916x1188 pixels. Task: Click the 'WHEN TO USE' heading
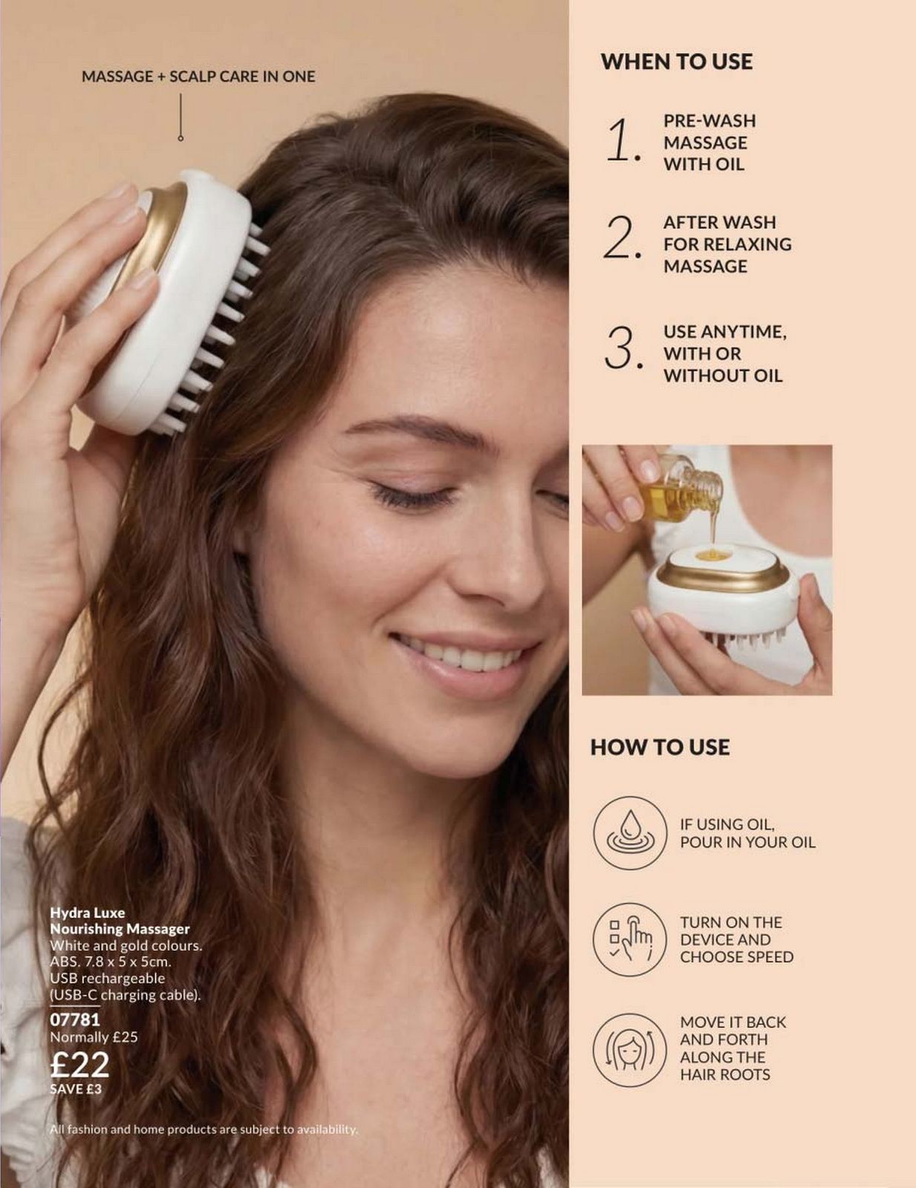pyautogui.click(x=677, y=61)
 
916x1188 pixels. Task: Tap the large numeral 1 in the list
pyautogui.click(x=623, y=142)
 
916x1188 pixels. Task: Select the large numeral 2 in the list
pyautogui.click(x=623, y=238)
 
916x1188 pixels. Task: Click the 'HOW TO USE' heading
pyautogui.click(x=660, y=748)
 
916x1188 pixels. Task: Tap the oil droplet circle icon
pyautogui.click(x=630, y=832)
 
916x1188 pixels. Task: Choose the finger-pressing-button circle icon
pyautogui.click(x=630, y=940)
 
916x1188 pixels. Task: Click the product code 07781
pyautogui.click(x=75, y=1019)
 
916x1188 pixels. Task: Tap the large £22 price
pyautogui.click(x=79, y=1064)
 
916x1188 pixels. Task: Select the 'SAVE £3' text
pyautogui.click(x=76, y=1089)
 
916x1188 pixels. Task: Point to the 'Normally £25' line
pyautogui.click(x=94, y=1037)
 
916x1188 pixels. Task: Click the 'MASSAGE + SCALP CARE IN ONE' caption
pyautogui.click(x=198, y=76)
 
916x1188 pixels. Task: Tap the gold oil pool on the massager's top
pyautogui.click(x=714, y=556)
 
